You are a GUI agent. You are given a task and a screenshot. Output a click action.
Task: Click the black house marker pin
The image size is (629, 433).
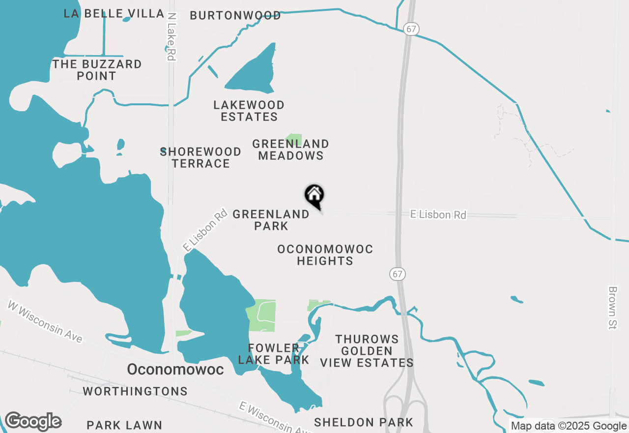point(314,195)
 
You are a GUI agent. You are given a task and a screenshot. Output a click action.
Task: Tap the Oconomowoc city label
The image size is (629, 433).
point(175,369)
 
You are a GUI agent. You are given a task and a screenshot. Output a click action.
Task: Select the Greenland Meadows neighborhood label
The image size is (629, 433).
point(290,150)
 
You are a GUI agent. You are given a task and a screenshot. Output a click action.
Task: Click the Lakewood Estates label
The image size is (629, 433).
point(249,111)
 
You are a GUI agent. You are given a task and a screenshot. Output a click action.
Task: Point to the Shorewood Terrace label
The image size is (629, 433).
point(201,157)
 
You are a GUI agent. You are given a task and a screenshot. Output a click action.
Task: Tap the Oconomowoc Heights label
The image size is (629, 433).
point(325,255)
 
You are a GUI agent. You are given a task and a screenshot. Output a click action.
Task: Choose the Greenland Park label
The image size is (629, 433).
point(271,220)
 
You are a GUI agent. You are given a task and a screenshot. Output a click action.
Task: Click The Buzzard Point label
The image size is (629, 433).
point(97,70)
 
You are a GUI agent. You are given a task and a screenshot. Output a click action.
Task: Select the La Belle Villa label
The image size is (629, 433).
point(114,13)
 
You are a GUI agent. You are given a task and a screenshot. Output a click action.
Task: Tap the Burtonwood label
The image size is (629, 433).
point(235,15)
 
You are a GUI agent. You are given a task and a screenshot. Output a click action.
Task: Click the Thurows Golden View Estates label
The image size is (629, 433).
point(367,351)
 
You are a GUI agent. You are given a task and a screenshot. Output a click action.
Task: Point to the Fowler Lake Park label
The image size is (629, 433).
point(274,354)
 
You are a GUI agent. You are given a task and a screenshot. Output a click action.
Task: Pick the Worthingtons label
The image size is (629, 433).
point(135,391)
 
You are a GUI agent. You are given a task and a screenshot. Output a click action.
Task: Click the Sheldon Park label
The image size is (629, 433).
point(364,422)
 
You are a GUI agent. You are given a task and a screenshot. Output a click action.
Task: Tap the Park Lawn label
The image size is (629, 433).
point(124,425)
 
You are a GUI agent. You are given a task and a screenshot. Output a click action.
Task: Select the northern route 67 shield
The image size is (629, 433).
point(411,29)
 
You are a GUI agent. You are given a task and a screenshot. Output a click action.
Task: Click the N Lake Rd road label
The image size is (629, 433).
point(171,37)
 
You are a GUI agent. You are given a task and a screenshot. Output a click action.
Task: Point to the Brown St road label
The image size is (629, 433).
point(612,308)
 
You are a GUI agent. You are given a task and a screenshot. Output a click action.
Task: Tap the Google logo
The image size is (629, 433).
point(33,422)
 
